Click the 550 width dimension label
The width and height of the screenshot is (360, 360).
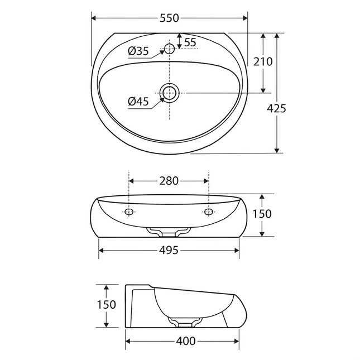tap(169, 18)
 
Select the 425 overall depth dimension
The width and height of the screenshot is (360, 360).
tap(276, 108)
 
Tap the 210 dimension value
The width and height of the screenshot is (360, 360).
tap(263, 61)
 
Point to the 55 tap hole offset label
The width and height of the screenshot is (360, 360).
tap(190, 42)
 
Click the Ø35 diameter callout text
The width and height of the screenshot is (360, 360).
tap(138, 51)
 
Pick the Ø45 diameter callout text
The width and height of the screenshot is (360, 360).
tap(138, 101)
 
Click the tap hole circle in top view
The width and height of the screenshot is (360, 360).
tap(170, 49)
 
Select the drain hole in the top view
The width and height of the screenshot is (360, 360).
tap(170, 93)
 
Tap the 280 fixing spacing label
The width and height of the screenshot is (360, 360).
tap(169, 181)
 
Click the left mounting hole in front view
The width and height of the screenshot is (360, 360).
tap(129, 212)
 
